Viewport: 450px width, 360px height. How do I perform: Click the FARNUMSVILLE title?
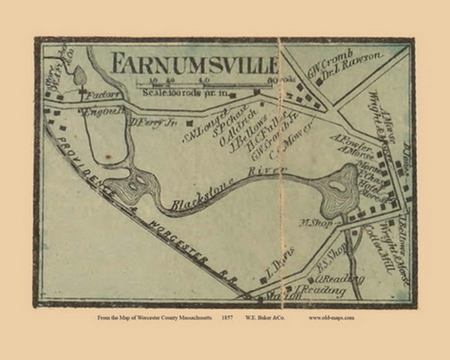193,61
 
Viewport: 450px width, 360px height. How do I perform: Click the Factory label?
98,97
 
